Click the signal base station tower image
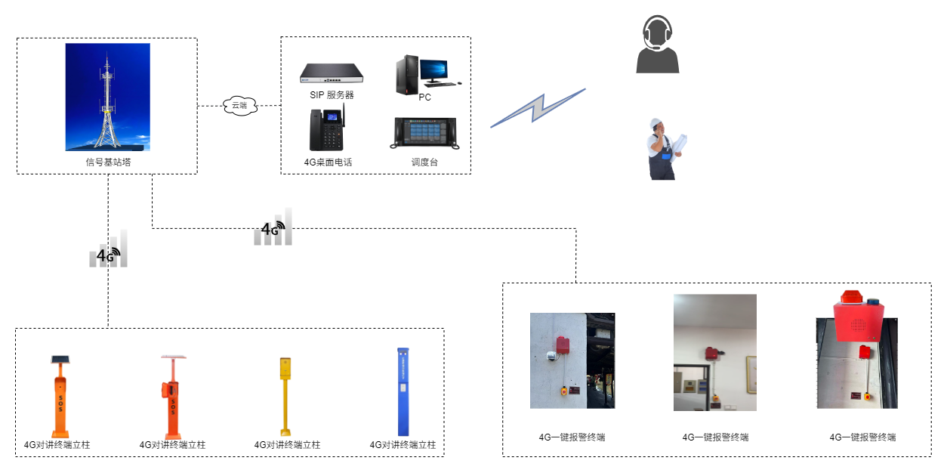point(107,97)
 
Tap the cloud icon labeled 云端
point(239,106)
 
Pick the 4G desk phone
point(326,130)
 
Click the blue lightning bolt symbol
point(538,107)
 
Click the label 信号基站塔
point(108,162)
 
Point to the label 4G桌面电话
point(328,162)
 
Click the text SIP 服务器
point(332,95)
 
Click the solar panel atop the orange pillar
point(58,359)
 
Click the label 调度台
point(424,162)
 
